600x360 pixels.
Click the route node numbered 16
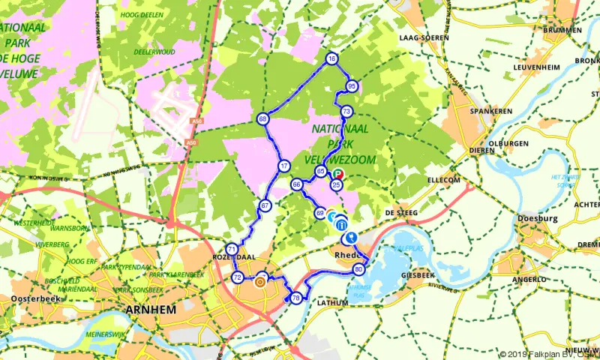[x=331, y=58]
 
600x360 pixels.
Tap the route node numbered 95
[x=352, y=87]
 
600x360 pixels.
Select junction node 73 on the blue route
[x=346, y=112]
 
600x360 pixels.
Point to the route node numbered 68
[x=262, y=119]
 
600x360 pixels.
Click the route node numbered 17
[x=283, y=166]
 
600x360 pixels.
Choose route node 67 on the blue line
[x=265, y=205]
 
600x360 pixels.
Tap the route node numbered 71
[x=232, y=250]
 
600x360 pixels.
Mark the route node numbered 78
[x=297, y=297]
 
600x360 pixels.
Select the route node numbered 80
[x=359, y=269]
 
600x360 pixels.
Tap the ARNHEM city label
[x=152, y=310]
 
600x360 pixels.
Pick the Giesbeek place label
[x=418, y=275]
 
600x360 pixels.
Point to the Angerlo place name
[x=529, y=278]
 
